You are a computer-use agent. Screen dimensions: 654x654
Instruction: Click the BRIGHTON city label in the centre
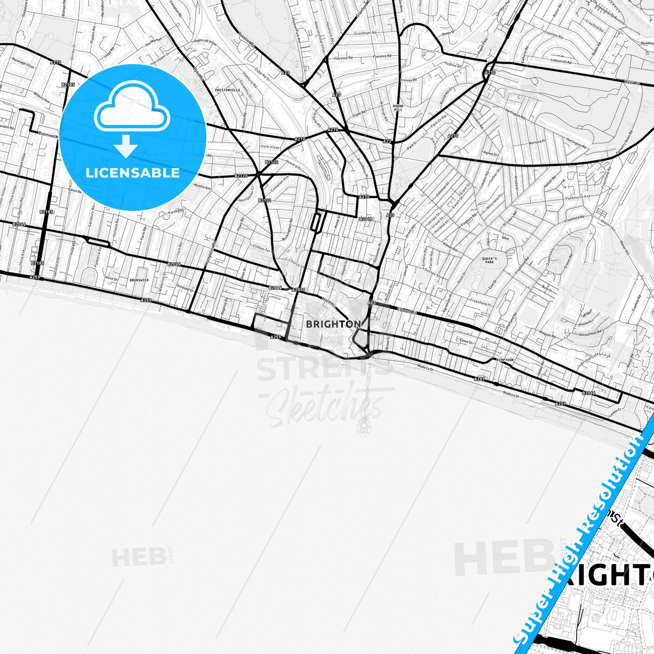click(333, 324)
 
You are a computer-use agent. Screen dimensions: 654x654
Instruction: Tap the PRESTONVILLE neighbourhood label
click(228, 90)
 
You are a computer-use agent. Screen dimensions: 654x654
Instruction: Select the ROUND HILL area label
click(398, 108)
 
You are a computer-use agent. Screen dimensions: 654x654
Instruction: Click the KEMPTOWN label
click(506, 360)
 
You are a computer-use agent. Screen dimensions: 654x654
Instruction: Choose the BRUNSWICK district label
click(139, 280)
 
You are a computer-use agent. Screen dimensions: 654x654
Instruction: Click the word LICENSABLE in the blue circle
click(133, 173)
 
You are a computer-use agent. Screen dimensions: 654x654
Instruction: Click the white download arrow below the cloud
click(126, 147)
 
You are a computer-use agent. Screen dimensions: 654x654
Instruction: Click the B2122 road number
click(272, 162)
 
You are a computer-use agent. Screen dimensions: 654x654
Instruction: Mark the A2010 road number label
click(299, 290)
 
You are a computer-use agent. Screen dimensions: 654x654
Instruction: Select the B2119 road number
click(366, 219)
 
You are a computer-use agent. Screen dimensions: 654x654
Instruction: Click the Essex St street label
click(465, 341)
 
